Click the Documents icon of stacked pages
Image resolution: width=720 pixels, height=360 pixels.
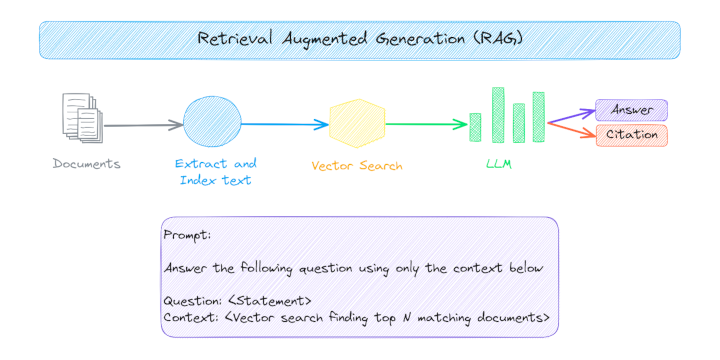pos(83,118)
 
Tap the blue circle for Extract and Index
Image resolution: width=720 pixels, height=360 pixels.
pos(212,122)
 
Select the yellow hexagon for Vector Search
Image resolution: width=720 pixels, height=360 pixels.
pos(357,123)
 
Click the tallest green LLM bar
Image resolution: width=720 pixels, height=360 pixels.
pos(498,114)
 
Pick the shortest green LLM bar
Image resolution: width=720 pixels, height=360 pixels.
pos(475,127)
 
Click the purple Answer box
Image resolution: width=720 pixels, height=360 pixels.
pos(631,110)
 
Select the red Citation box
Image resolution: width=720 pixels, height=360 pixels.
pos(631,135)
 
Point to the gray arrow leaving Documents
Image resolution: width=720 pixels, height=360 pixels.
pos(144,125)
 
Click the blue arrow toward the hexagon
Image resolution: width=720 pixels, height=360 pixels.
pos(285,124)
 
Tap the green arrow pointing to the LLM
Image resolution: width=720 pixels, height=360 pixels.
pos(427,124)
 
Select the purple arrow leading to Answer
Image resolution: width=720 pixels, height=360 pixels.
pos(572,116)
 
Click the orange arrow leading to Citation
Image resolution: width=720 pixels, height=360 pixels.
pos(572,130)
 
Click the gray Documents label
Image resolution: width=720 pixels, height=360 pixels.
pos(86,163)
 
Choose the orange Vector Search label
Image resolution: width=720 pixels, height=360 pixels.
pos(357,166)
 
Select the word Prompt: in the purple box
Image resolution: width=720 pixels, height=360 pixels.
pos(187,235)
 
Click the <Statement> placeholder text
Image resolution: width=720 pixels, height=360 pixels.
pos(270,301)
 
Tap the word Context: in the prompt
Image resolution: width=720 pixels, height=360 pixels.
pos(191,317)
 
